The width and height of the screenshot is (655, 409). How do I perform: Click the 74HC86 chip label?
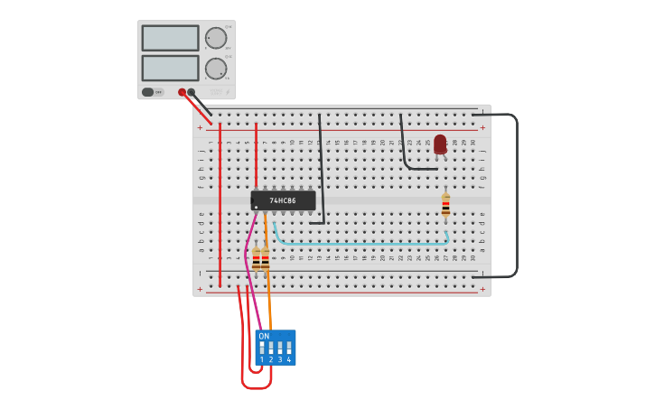pyautogui.click(x=284, y=200)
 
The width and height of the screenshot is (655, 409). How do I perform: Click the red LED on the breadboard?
pyautogui.click(x=440, y=144)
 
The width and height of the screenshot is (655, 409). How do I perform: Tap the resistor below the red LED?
pyautogui.click(x=445, y=206)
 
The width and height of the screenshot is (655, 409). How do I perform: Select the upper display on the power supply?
pyautogui.click(x=170, y=38)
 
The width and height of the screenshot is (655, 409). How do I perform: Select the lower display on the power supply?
pyautogui.click(x=170, y=69)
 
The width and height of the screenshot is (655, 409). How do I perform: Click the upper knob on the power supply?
pyautogui.click(x=216, y=38)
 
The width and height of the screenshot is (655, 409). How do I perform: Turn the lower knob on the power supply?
pyautogui.click(x=216, y=69)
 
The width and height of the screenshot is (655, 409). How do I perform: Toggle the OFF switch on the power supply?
pyautogui.click(x=153, y=92)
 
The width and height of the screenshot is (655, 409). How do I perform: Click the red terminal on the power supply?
pyautogui.click(x=182, y=92)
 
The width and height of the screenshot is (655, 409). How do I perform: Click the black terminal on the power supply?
pyautogui.click(x=192, y=92)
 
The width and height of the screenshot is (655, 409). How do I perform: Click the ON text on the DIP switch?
pyautogui.click(x=264, y=336)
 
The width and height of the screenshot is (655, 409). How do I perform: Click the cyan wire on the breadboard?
pyautogui.click(x=361, y=243)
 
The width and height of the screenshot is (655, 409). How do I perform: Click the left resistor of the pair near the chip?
pyautogui.click(x=256, y=259)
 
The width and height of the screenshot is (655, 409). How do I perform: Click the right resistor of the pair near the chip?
pyautogui.click(x=266, y=259)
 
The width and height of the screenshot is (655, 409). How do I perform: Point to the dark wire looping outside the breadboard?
pyautogui.click(x=516, y=194)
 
